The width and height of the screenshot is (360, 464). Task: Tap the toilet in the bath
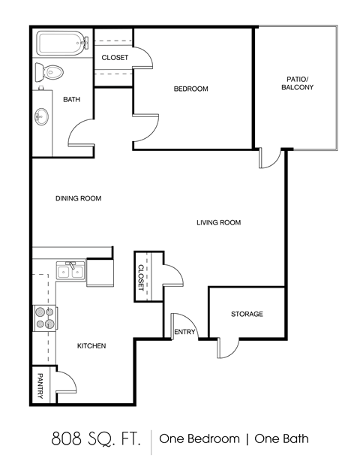[x=51, y=72]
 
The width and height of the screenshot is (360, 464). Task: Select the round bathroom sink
[x=42, y=116]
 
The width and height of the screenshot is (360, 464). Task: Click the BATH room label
[x=71, y=100]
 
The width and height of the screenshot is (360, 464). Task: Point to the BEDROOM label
[x=190, y=89]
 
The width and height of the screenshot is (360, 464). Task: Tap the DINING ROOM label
[x=78, y=199]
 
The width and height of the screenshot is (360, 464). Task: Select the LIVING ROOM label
[x=218, y=222]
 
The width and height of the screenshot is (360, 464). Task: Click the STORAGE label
[x=247, y=314]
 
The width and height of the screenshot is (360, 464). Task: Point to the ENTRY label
[x=184, y=332]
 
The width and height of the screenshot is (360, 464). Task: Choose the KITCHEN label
[x=91, y=346]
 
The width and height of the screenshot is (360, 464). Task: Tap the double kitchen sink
[x=70, y=271]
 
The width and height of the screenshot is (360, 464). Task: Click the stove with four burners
[x=44, y=318]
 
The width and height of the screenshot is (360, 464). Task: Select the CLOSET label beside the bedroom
[x=115, y=58]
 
